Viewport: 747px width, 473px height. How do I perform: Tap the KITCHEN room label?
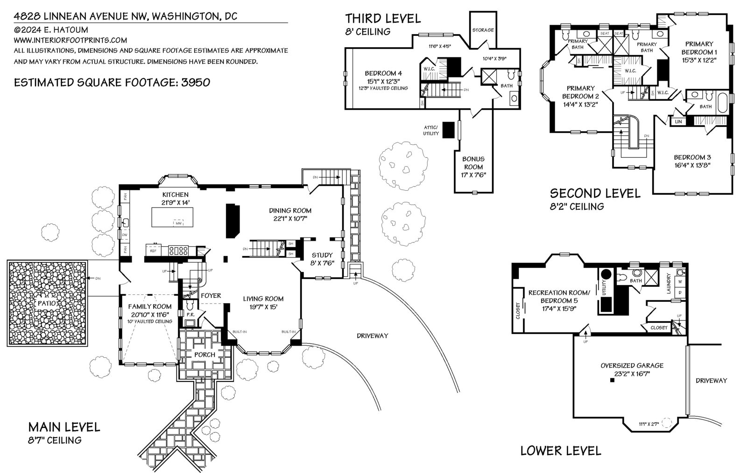point(175,195)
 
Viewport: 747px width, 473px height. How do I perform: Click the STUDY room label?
point(322,255)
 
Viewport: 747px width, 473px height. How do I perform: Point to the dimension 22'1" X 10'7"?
point(290,218)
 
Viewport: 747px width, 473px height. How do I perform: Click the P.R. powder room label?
point(190,315)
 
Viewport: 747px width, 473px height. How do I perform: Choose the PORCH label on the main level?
point(204,355)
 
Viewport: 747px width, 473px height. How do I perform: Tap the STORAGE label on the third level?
point(483,30)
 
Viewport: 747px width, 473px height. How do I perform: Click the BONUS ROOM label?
point(474,163)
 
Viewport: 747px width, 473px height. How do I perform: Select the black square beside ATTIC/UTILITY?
point(448,129)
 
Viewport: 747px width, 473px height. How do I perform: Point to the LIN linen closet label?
point(678,122)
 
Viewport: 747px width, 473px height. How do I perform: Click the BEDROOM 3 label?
point(691,157)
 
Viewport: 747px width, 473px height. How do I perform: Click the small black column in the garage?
point(612,381)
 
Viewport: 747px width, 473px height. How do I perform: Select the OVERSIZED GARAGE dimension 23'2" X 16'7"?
point(632,374)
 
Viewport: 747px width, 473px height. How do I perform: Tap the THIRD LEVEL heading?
point(382,19)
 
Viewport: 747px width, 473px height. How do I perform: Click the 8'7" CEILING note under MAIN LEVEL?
point(55,440)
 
